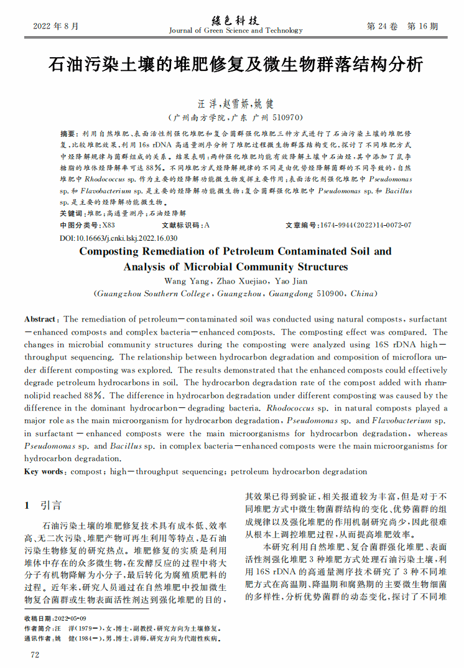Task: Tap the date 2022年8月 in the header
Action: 56,27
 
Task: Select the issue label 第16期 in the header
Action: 422,27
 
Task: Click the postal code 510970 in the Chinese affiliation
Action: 285,117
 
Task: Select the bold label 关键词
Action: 71,213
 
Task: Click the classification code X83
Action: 108,225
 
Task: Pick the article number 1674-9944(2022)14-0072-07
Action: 365,225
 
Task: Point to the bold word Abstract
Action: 40,318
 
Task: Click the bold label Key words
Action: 44,471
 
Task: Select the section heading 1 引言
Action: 43,505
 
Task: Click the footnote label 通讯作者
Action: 38,638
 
